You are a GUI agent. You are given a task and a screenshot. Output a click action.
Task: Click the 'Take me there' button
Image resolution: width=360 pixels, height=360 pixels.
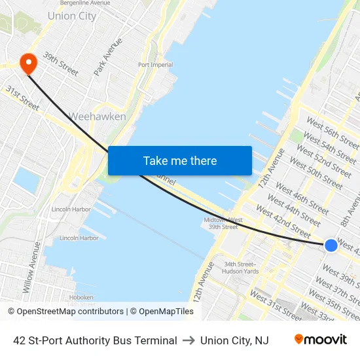[179, 160]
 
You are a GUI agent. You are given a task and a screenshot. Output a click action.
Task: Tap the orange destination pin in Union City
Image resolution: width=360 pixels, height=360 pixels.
[29, 63]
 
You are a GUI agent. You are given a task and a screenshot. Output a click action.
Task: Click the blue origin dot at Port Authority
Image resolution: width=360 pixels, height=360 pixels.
[331, 245]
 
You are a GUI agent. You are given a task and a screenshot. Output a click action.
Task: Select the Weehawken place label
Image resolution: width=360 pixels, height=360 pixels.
[98, 117]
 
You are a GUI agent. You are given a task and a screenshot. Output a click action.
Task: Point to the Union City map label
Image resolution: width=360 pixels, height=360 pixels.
[71, 16]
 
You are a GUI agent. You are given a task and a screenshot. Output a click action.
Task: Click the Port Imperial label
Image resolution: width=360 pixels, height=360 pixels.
[156, 65]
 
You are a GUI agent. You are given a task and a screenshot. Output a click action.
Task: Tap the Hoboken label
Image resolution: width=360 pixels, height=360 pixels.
[81, 297]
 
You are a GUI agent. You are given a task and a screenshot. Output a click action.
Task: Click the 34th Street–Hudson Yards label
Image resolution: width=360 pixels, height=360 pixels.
[241, 268]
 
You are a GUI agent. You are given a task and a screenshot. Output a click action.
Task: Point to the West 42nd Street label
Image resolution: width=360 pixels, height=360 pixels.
[283, 221]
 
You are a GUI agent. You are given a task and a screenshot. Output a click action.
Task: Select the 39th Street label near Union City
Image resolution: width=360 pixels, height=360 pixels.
[60, 63]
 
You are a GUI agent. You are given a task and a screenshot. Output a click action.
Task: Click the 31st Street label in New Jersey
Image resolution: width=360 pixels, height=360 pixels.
[22, 97]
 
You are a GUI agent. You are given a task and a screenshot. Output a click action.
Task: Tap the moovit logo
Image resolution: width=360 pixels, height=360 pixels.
[320, 340]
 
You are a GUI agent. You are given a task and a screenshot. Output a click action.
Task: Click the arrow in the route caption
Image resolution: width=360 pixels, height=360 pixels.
[189, 340]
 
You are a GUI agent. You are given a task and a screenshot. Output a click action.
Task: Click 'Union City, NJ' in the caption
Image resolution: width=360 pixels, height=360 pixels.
[234, 340]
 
